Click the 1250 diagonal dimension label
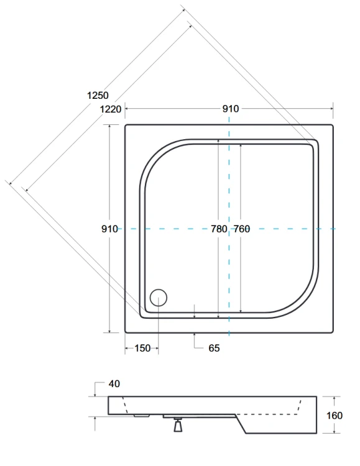tap(98, 96)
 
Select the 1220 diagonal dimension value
tap(111, 109)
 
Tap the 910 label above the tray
tap(230, 109)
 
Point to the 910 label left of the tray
tap(109, 229)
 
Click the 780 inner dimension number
tap(219, 229)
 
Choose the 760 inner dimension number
tap(241, 229)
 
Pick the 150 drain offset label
tap(142, 349)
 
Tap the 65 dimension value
tap(214, 349)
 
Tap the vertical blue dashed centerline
tap(229, 186)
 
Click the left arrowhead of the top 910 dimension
tap(127, 109)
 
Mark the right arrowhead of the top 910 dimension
tap(331, 109)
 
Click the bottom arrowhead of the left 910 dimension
tap(110, 331)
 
